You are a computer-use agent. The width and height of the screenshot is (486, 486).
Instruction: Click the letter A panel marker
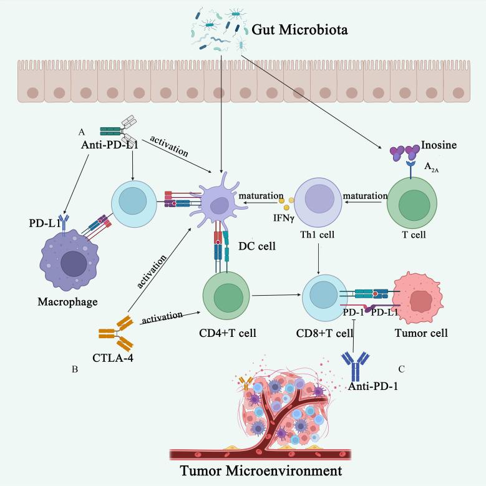pos(80,132)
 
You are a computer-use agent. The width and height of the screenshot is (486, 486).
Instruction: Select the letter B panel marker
pos(75,369)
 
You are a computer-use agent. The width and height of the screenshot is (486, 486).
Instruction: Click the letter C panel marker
pos(401,369)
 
